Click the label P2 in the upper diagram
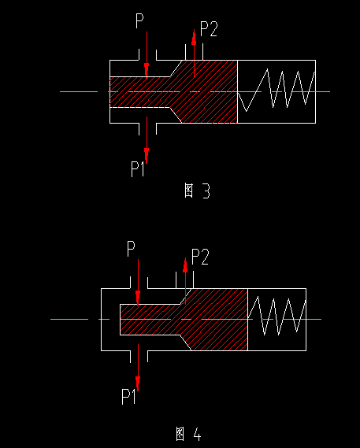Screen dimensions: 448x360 coord(209,30)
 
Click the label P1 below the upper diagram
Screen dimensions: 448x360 coord(139,167)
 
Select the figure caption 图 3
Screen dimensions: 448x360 coord(197,191)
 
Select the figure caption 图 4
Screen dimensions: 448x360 coord(188,433)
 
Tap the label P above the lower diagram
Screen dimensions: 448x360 coord(132,250)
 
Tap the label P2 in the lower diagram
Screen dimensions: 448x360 coord(200,257)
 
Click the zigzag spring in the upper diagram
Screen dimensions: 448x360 coord(277,91)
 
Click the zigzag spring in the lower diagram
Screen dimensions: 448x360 coord(276,318)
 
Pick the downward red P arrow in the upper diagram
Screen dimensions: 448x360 coord(146,55)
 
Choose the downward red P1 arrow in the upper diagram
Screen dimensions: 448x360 coord(147,138)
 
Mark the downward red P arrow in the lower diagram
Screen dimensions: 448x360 coord(137,283)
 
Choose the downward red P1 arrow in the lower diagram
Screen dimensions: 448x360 coord(137,366)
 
